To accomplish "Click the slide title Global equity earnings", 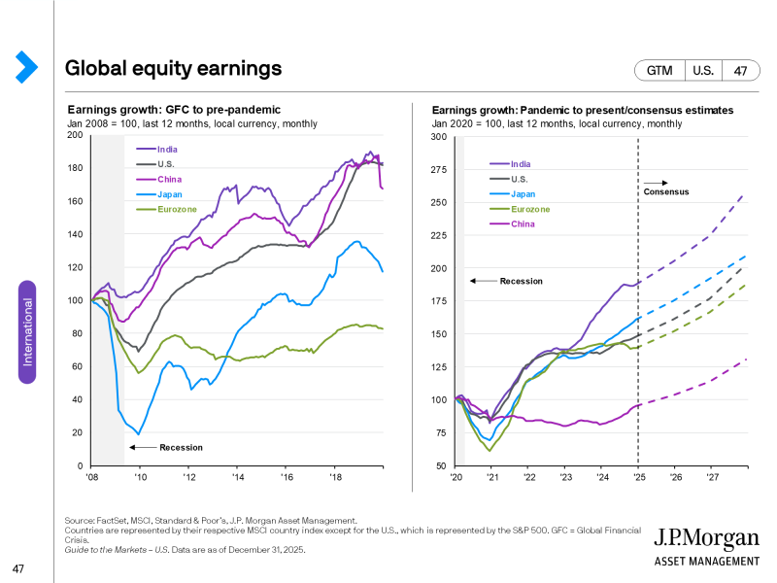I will click(x=173, y=68).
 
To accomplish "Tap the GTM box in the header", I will click(x=659, y=71).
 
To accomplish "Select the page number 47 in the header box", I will click(x=740, y=71).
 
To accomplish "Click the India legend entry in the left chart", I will click(x=168, y=149).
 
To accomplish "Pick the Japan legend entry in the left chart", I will click(x=169, y=194).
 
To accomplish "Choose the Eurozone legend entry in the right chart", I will click(x=530, y=209).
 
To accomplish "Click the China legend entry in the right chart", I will click(x=523, y=223).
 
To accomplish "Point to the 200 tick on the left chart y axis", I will click(x=75, y=135).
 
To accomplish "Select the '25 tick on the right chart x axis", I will click(x=638, y=477).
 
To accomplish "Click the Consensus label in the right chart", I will click(x=666, y=191).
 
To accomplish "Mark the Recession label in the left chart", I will click(x=181, y=447).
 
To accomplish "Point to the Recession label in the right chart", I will click(x=521, y=281).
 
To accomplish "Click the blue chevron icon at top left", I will click(x=26, y=66).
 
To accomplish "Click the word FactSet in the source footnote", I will click(x=106, y=521).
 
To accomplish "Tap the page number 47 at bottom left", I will click(x=18, y=567).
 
